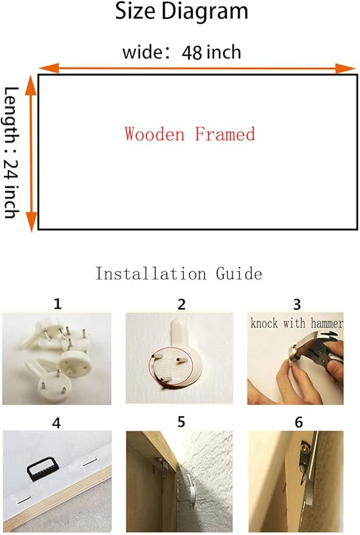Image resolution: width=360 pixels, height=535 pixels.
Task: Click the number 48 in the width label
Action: tap(192, 52)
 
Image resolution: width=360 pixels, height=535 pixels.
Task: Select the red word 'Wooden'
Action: tap(154, 134)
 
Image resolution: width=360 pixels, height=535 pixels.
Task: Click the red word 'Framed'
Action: tap(225, 134)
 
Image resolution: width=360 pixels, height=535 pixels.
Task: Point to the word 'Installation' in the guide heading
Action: tap(151, 274)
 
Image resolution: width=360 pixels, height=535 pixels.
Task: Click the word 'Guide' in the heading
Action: tap(239, 274)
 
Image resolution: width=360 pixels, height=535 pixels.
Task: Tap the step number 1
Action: tap(58, 303)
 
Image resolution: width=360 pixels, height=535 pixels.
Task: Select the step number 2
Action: tap(181, 304)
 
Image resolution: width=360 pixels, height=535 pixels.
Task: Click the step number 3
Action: tap(297, 304)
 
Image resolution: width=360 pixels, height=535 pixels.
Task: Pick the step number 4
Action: tap(56, 423)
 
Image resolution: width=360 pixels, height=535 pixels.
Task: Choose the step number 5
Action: tap(181, 422)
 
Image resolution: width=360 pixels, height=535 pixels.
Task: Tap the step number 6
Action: tap(299, 422)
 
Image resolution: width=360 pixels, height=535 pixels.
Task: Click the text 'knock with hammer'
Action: tap(297, 323)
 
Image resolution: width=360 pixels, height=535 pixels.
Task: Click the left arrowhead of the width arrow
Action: tap(49, 68)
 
